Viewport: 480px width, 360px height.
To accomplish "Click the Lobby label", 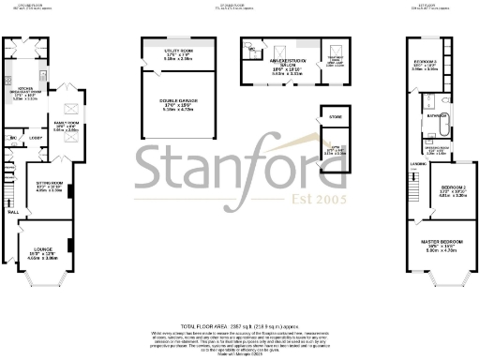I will tap(34, 139).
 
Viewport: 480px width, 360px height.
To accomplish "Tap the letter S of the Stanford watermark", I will tap(157, 167).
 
